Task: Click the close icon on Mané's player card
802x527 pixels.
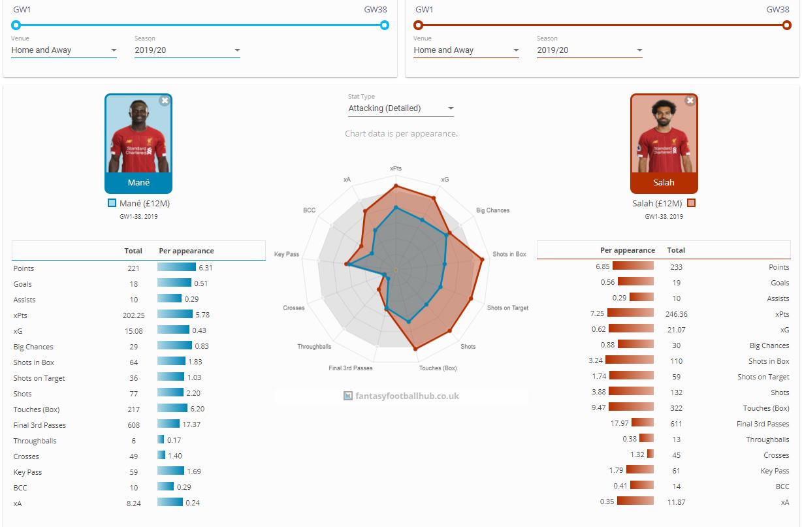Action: click(x=165, y=101)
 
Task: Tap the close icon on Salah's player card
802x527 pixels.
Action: click(x=690, y=101)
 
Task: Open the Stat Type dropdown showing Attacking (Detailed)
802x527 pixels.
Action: click(x=400, y=108)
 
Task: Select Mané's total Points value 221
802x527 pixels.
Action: click(x=134, y=268)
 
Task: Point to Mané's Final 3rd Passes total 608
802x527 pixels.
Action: click(x=134, y=425)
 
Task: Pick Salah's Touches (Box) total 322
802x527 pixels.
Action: click(x=676, y=408)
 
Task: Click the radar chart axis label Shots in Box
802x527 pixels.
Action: click(x=509, y=254)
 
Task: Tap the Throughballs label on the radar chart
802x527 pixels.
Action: click(x=314, y=347)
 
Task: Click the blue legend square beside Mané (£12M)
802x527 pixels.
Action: click(x=112, y=203)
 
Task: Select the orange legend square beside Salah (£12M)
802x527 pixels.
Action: click(x=692, y=203)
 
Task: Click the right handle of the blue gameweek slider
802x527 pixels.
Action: click(x=385, y=25)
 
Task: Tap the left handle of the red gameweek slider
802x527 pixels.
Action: click(x=419, y=25)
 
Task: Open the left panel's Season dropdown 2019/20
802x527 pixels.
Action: click(x=187, y=50)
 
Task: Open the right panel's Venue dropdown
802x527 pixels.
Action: click(x=466, y=50)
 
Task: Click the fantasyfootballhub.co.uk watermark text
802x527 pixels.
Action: click(x=407, y=396)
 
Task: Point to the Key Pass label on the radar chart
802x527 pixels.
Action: click(x=287, y=254)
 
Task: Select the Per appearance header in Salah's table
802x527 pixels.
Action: click(x=628, y=250)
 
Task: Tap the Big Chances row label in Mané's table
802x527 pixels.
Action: click(x=33, y=347)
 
